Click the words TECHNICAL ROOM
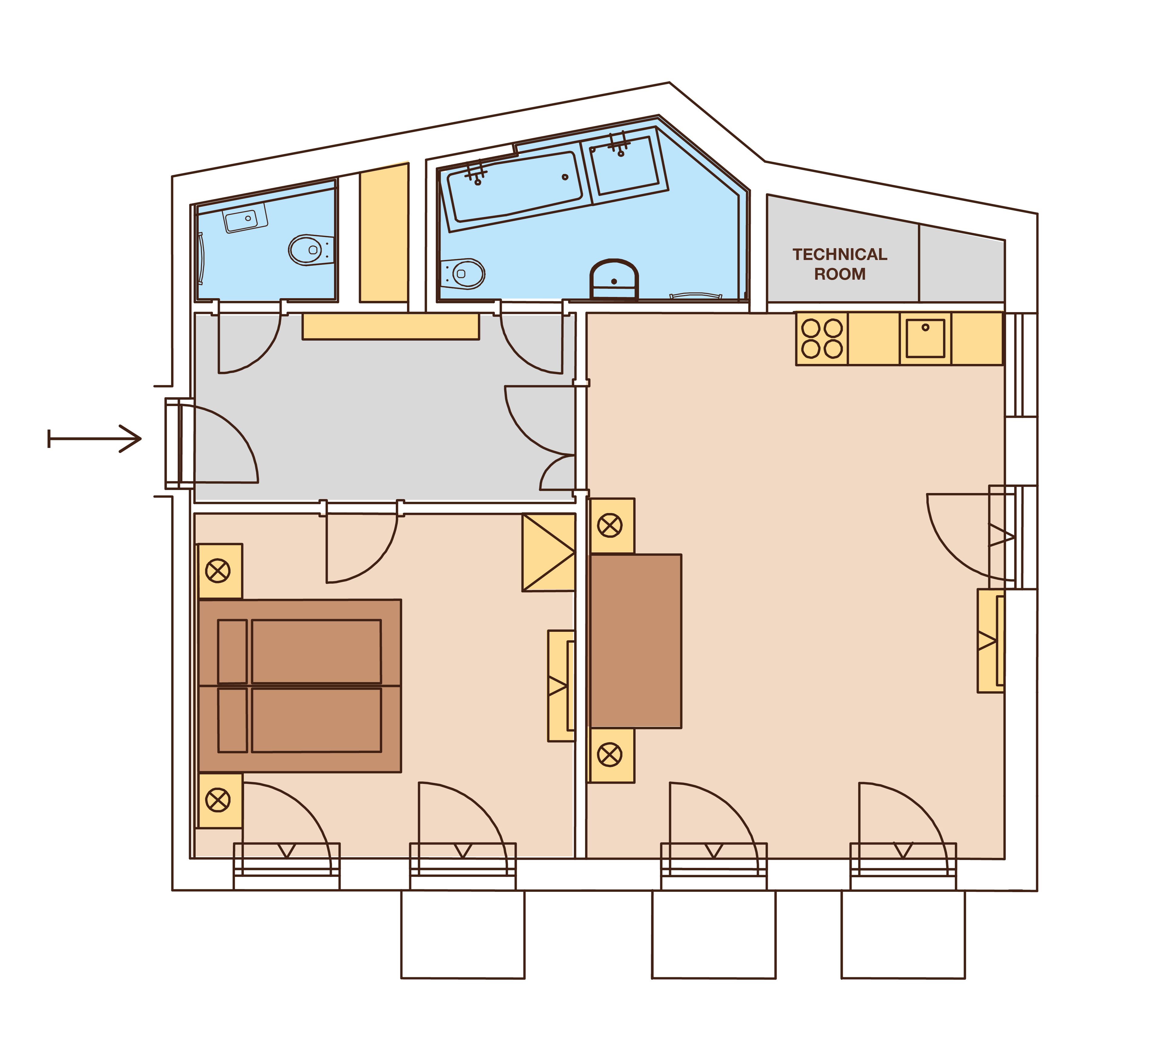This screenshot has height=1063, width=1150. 840,264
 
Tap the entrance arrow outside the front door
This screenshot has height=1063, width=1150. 95,438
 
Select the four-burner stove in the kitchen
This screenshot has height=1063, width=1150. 822,339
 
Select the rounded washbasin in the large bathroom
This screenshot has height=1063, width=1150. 614,279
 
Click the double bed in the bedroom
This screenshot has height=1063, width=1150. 300,686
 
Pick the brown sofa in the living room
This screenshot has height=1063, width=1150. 635,641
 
